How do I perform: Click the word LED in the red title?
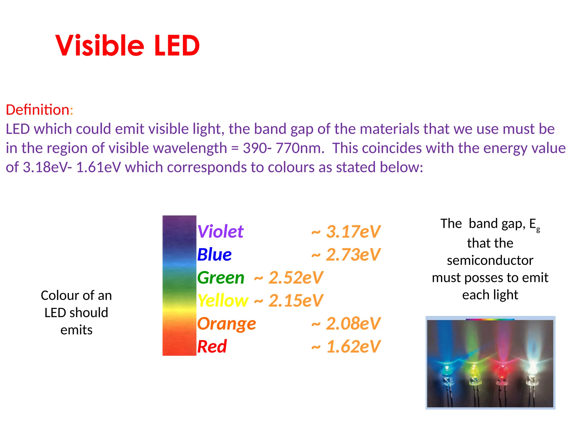[x=177, y=45]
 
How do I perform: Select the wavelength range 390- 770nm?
[x=283, y=148]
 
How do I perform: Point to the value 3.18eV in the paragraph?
[x=45, y=168]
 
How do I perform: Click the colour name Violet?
[x=220, y=232]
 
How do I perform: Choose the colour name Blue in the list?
[x=214, y=255]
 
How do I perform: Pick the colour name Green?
[x=221, y=278]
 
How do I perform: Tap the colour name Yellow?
[x=223, y=301]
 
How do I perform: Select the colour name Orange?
[x=226, y=324]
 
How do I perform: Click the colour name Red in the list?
[x=212, y=347]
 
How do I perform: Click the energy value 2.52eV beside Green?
[x=295, y=278]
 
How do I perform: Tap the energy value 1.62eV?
[x=353, y=347]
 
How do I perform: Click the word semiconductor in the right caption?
[x=490, y=260]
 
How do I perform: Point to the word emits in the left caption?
[x=76, y=330]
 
